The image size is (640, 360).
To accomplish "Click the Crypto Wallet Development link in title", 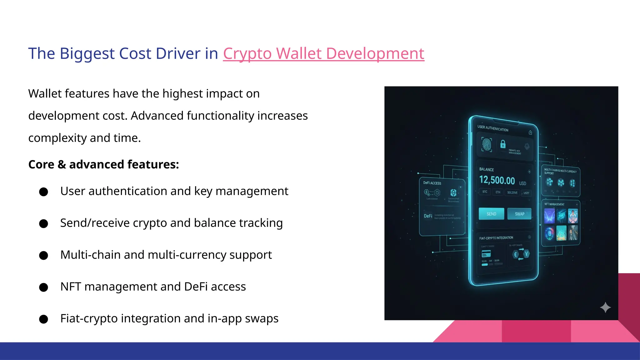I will (323, 53).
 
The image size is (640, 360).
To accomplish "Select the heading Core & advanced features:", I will (103, 164).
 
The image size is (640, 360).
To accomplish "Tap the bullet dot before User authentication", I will (44, 192).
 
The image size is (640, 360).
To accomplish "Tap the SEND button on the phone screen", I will (491, 214).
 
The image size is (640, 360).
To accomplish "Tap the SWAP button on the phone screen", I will (519, 214).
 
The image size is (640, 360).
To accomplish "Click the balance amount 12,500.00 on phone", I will (497, 180).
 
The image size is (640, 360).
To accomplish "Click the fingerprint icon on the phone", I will (487, 145).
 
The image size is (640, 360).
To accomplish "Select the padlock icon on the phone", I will (503, 144).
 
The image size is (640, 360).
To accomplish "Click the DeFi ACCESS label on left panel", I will (432, 183).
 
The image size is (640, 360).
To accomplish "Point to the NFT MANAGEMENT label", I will (554, 204).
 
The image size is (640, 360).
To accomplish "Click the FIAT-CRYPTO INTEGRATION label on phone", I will (496, 238).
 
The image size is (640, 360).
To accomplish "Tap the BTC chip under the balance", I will (485, 192).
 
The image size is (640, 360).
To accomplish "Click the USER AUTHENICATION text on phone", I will (493, 128).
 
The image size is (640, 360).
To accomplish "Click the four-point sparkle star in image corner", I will (605, 307).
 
